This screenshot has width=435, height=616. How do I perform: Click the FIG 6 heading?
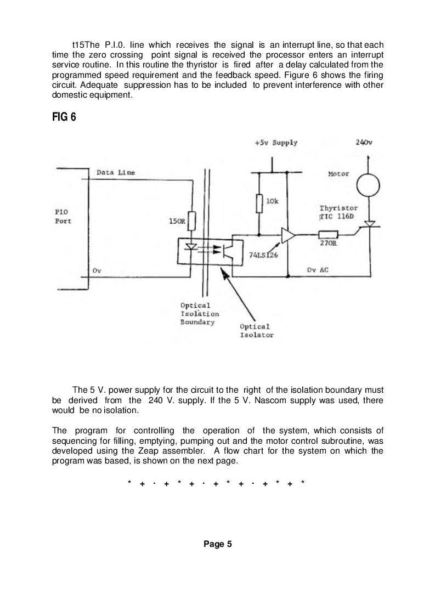pos(64,117)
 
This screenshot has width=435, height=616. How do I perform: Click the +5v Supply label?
pos(276,143)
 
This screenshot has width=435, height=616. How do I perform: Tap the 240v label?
pos(364,142)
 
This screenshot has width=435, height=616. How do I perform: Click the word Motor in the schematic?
pos(338,174)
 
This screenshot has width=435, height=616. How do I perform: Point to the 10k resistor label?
pos(273,202)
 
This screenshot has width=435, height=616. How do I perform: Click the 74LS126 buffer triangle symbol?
pos(287,235)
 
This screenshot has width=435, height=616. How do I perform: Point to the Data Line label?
pos(115,172)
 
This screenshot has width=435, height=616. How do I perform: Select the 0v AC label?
pos(317,270)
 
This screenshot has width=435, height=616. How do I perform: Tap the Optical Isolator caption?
pos(256,331)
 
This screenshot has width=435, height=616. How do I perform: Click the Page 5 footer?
pos(218,544)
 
